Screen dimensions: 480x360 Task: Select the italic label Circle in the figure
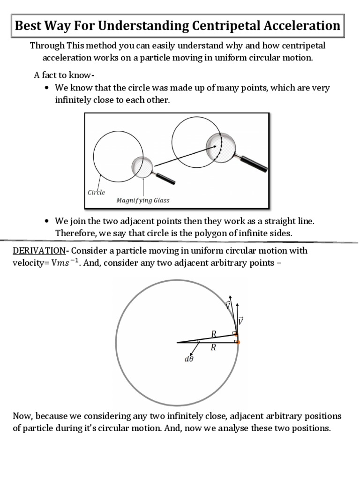point(97,192)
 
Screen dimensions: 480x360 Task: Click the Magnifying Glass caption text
point(143,200)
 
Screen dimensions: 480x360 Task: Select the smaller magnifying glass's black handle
point(165,178)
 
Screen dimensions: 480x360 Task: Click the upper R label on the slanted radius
point(214,334)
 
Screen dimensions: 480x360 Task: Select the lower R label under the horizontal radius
point(213,348)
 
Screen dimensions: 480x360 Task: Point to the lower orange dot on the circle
point(238,343)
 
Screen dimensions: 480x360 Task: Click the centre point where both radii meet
point(178,343)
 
